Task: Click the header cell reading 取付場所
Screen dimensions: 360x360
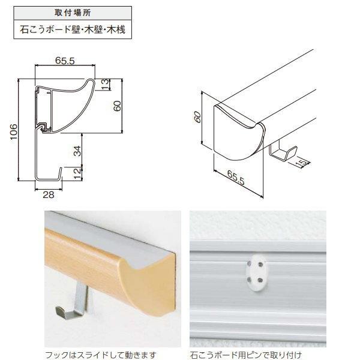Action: coord(73,13)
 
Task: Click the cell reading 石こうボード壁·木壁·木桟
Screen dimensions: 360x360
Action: coord(73,29)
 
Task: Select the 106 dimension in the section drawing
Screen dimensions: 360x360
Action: coord(14,131)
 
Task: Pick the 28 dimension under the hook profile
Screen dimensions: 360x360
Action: coord(49,195)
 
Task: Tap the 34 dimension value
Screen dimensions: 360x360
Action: coord(77,151)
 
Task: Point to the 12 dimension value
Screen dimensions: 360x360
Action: coord(78,173)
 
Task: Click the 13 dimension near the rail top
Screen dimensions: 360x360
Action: coord(104,84)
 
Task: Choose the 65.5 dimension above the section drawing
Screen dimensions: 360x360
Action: coord(65,61)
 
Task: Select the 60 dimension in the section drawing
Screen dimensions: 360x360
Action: coord(117,106)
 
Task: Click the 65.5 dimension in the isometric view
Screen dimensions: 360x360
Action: coord(236,178)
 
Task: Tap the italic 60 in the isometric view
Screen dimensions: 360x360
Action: coord(197,117)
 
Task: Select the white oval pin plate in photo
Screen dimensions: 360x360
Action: coord(256,272)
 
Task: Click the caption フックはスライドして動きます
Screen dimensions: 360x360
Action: coord(101,355)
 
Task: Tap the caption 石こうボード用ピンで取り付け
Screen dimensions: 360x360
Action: coord(245,355)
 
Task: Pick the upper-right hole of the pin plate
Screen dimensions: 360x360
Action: coord(260,265)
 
